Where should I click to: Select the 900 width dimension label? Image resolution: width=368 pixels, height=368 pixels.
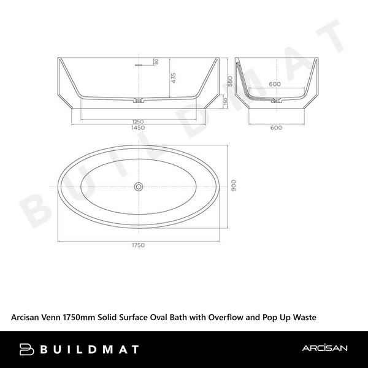tap(232, 186)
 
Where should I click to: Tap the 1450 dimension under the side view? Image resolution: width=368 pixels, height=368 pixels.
tap(138, 128)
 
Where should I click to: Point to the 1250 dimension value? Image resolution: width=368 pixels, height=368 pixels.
tap(138, 121)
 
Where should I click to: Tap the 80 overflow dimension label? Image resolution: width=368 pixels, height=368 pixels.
tap(156, 61)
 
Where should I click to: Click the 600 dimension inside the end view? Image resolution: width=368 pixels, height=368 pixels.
tap(275, 84)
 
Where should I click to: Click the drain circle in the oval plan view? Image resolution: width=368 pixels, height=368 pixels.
tap(139, 186)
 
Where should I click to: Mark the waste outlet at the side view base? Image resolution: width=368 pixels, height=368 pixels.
tap(140, 100)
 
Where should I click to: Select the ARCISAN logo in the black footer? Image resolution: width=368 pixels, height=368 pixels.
tap(324, 348)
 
